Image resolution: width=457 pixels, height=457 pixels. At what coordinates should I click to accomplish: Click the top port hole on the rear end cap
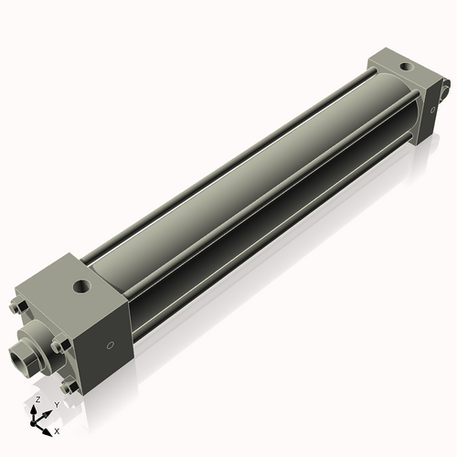pos(403,67)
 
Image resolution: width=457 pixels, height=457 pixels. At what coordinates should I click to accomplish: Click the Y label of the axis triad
pos(56,405)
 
